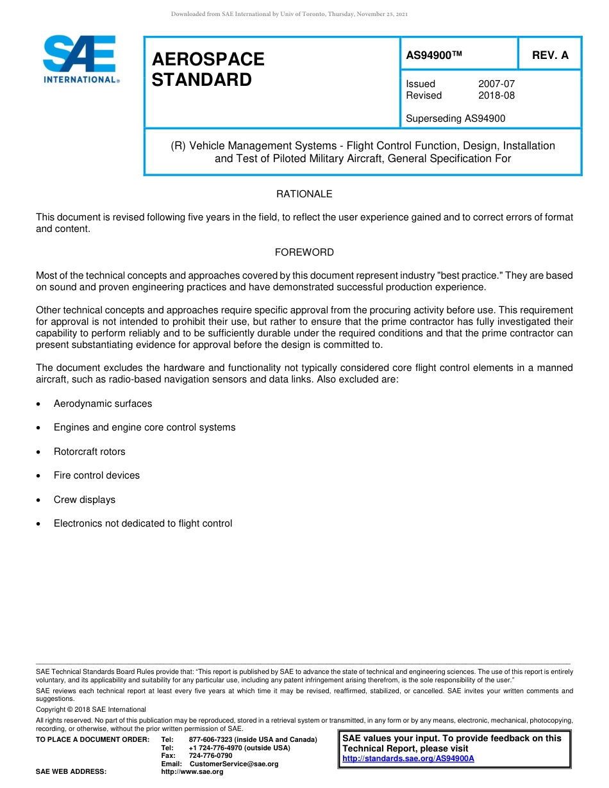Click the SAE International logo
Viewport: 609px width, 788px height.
coord(79,58)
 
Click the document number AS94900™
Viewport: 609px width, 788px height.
coord(434,56)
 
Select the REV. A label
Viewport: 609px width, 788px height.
coord(550,56)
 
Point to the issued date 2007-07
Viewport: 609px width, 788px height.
coord(496,84)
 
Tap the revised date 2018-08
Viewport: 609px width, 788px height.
coord(496,95)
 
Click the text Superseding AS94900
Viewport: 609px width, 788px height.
coord(455,118)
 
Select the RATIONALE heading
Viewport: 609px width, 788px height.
coord(304,194)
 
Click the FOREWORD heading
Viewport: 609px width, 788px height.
coord(304,252)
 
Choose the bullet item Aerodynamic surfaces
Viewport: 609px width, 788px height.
coord(103,404)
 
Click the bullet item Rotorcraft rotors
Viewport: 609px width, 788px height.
coord(89,452)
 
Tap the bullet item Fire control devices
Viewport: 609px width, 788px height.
coord(96,475)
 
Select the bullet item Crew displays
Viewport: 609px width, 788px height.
coord(84,500)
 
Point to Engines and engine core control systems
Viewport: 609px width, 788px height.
coord(144,427)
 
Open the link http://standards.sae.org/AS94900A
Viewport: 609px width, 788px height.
coord(408,759)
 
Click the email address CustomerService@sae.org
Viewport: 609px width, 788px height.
coord(234,764)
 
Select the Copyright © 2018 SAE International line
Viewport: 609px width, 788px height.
coord(90,709)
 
